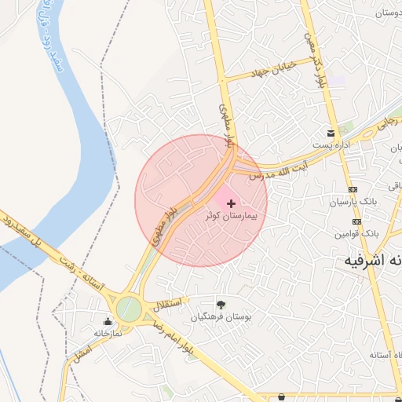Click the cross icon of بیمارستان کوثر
point(230,203)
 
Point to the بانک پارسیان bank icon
point(353,189)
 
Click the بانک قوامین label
point(356,234)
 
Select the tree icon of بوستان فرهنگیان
point(221,305)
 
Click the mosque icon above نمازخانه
point(108,320)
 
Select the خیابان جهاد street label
point(271,69)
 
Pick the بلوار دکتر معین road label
point(317,60)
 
